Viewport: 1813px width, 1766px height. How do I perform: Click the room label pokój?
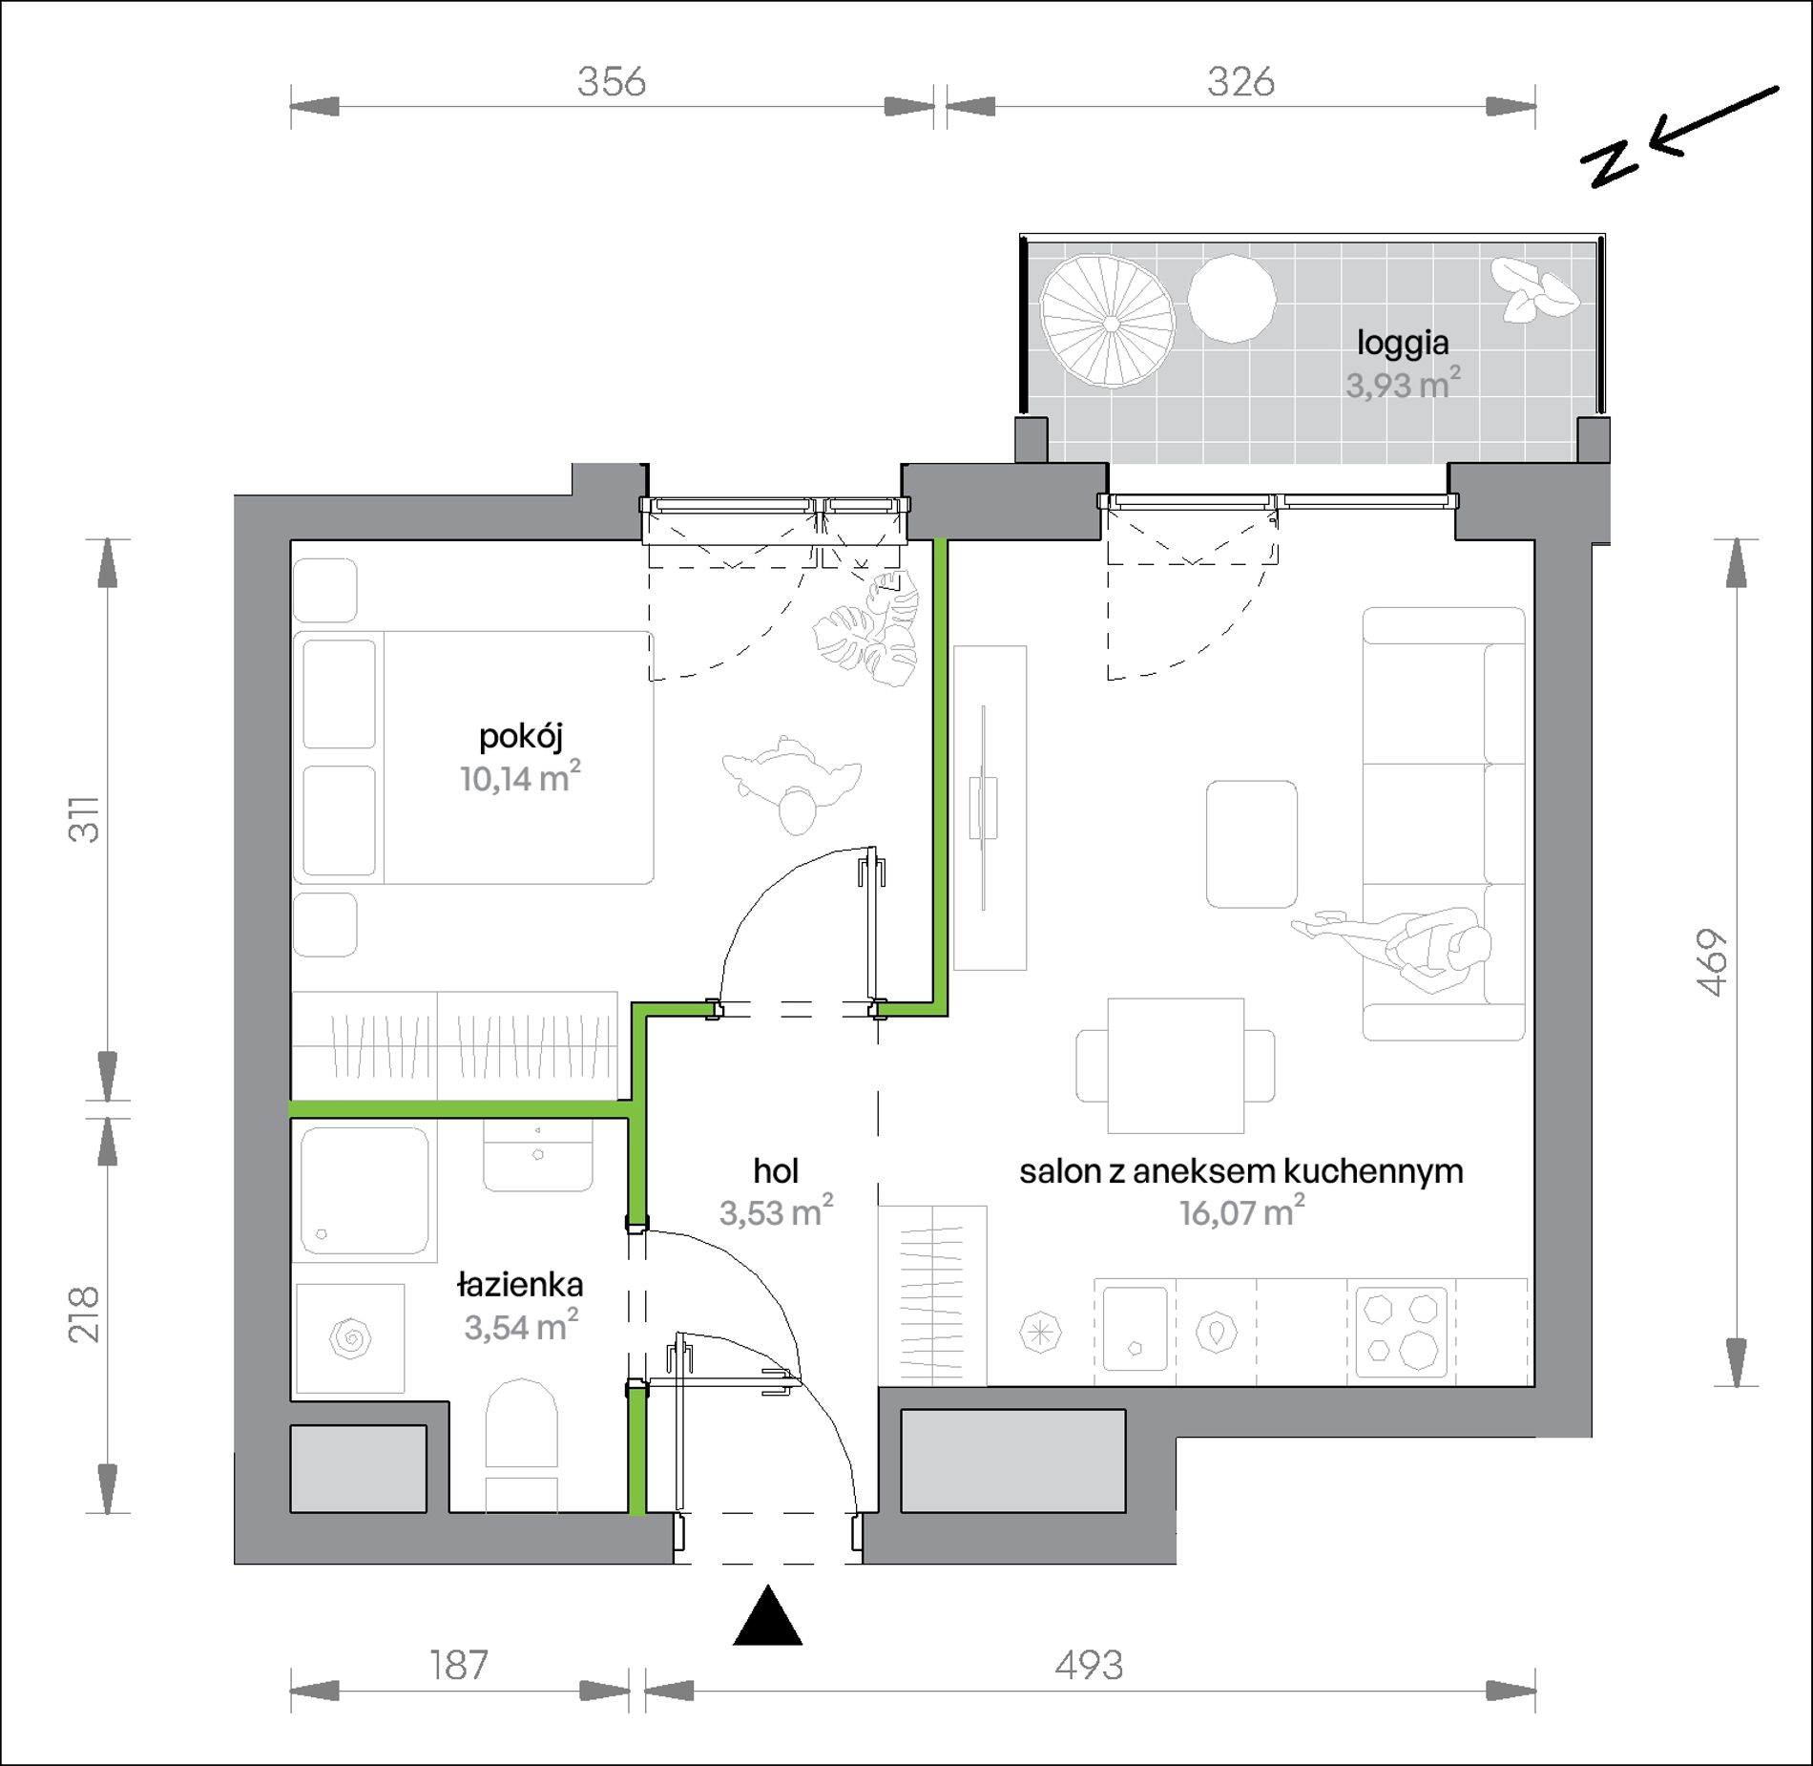click(521, 737)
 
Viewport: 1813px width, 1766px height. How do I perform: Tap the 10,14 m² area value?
click(520, 777)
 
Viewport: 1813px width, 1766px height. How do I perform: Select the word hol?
click(776, 1170)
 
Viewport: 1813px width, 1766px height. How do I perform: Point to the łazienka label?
click(520, 1284)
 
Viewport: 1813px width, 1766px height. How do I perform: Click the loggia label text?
click(1403, 344)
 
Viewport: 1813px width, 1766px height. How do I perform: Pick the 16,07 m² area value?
click(1241, 1211)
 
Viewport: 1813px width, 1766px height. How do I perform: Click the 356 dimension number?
click(612, 82)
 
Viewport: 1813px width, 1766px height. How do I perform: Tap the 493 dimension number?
click(1089, 1666)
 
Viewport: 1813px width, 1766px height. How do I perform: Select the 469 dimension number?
click(1714, 963)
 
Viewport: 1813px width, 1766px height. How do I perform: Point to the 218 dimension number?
click(84, 1314)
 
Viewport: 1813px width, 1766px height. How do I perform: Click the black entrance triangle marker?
click(767, 1617)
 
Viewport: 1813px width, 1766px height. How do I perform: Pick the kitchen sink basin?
click(1136, 1328)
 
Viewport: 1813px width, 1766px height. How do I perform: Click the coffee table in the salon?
click(1251, 844)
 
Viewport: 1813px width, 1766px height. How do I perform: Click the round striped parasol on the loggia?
click(1108, 321)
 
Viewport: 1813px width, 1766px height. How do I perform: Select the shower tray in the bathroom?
click(364, 1190)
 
